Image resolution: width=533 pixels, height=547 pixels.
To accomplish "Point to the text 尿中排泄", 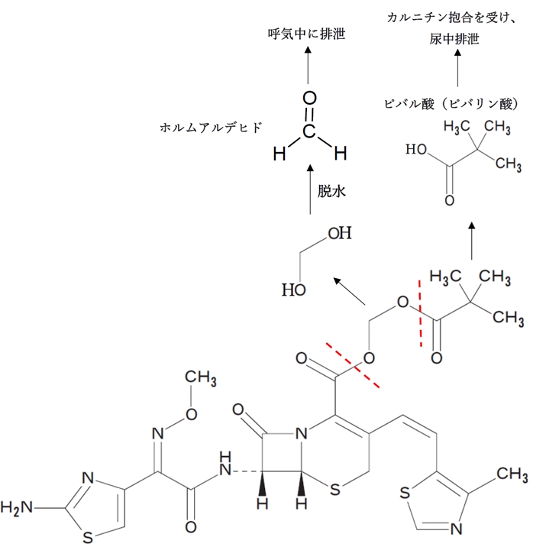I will click(x=456, y=39).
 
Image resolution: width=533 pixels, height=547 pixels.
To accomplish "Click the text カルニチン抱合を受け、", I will click(x=456, y=17).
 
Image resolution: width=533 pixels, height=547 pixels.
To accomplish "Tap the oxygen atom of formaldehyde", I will click(x=309, y=98).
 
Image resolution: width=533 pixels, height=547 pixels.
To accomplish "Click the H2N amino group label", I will click(x=16, y=506).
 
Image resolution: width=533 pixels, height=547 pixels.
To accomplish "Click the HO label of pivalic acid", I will click(x=417, y=151).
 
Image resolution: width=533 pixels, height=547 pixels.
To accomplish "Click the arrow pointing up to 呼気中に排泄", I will click(x=308, y=63).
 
